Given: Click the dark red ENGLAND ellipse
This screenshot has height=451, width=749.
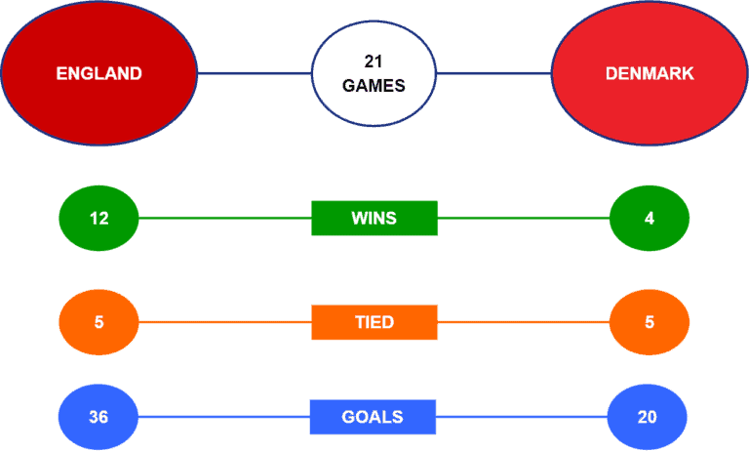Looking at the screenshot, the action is pyautogui.click(x=99, y=72).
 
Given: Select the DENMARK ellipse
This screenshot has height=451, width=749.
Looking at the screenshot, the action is pyautogui.click(x=650, y=72).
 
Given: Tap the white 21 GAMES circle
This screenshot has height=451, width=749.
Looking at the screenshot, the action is pyautogui.click(x=374, y=73).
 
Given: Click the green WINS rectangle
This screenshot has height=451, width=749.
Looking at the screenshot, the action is pyautogui.click(x=374, y=218).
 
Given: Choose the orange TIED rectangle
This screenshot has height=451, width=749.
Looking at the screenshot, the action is pyautogui.click(x=374, y=322).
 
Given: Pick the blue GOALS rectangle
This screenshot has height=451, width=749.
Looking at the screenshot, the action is pyautogui.click(x=373, y=417).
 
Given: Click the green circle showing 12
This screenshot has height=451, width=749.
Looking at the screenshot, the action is pyautogui.click(x=99, y=218).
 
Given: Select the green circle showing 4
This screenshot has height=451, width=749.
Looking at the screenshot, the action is pyautogui.click(x=650, y=218).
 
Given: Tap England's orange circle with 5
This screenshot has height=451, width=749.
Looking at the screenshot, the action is pyautogui.click(x=99, y=322).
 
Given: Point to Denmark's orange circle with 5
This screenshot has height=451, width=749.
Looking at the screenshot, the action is pyautogui.click(x=650, y=322).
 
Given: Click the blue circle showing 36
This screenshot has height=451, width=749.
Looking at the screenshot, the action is pyautogui.click(x=99, y=417).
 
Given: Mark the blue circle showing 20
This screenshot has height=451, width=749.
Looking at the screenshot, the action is pyautogui.click(x=648, y=417).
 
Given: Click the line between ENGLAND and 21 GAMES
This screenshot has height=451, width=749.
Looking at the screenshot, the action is pyautogui.click(x=255, y=73).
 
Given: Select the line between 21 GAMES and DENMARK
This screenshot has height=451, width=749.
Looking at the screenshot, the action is pyautogui.click(x=493, y=73).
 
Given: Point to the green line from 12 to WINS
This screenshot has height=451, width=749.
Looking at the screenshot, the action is pyautogui.click(x=225, y=218).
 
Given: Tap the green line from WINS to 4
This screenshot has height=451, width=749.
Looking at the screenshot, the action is pyautogui.click(x=524, y=218).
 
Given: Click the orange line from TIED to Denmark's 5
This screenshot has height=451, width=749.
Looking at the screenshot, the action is pyautogui.click(x=524, y=322).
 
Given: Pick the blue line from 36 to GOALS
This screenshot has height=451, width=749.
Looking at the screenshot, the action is pyautogui.click(x=224, y=417).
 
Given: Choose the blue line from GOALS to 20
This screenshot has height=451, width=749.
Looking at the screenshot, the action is pyautogui.click(x=522, y=417).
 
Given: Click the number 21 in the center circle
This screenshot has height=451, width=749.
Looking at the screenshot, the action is pyautogui.click(x=374, y=61).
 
